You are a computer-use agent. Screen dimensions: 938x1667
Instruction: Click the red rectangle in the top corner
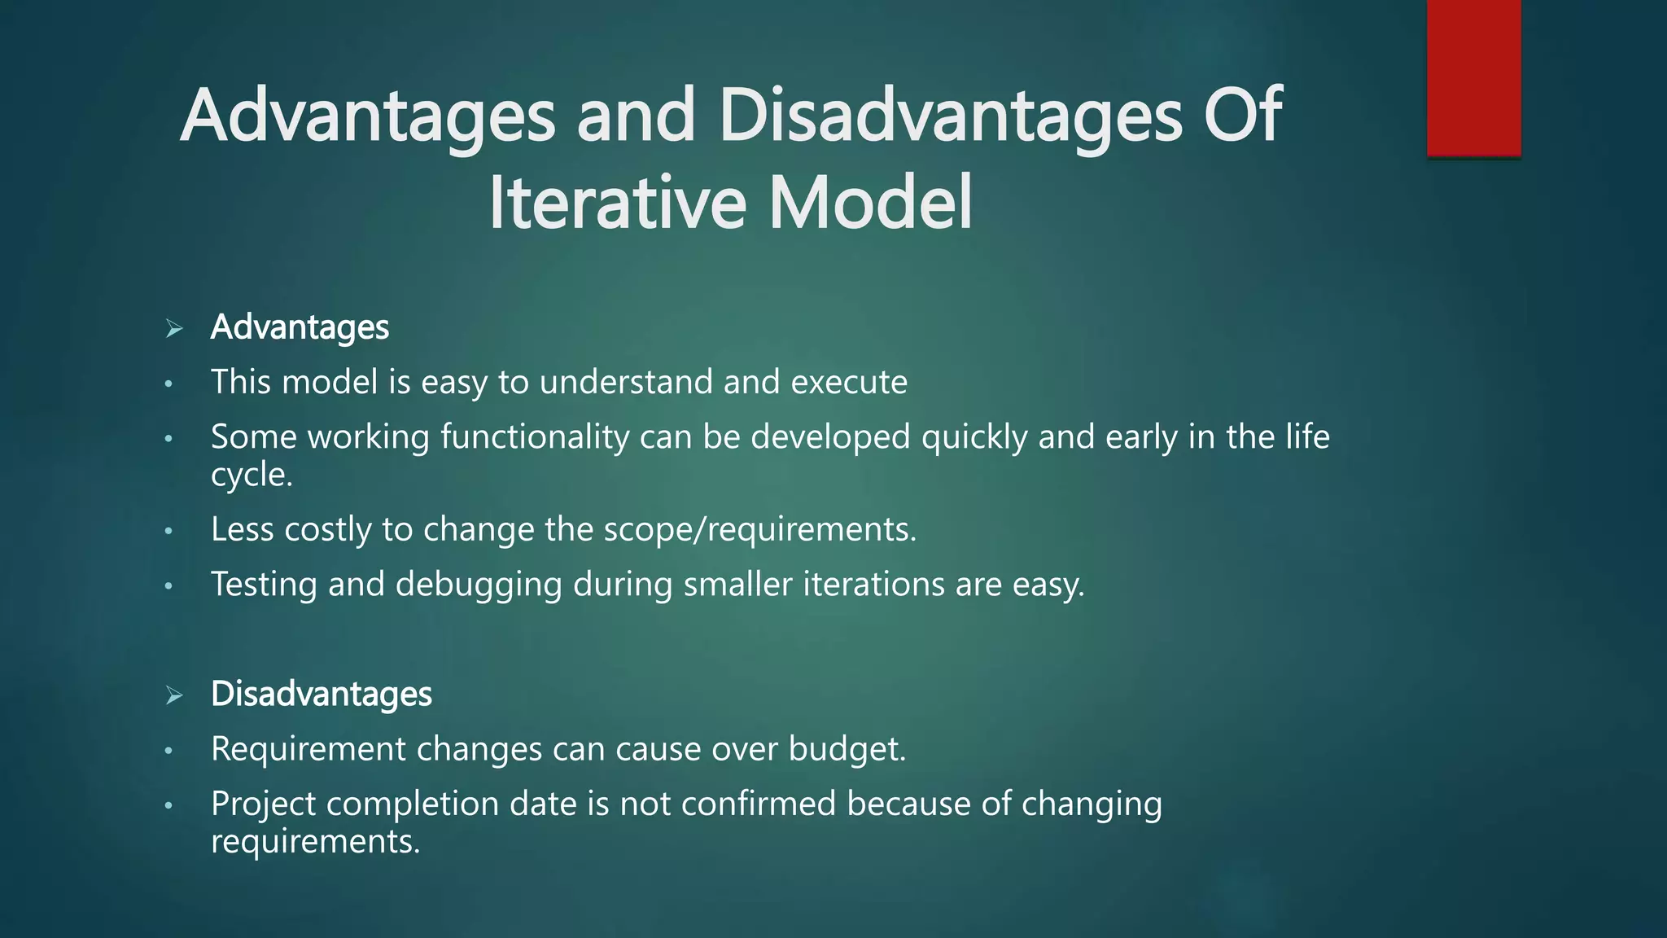point(1473,77)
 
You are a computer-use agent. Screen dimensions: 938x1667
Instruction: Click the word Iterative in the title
point(616,203)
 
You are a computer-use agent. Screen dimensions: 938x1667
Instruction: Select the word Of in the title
point(1242,116)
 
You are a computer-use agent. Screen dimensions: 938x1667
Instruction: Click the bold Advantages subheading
point(300,327)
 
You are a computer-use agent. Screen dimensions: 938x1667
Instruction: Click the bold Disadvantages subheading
point(321,694)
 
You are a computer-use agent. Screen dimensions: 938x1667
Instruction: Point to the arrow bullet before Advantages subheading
point(173,329)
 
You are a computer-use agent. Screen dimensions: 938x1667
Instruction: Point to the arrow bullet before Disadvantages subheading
point(173,695)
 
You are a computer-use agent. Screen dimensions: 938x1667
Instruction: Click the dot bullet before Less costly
point(168,532)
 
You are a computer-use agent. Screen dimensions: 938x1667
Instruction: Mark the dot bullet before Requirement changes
point(168,751)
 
